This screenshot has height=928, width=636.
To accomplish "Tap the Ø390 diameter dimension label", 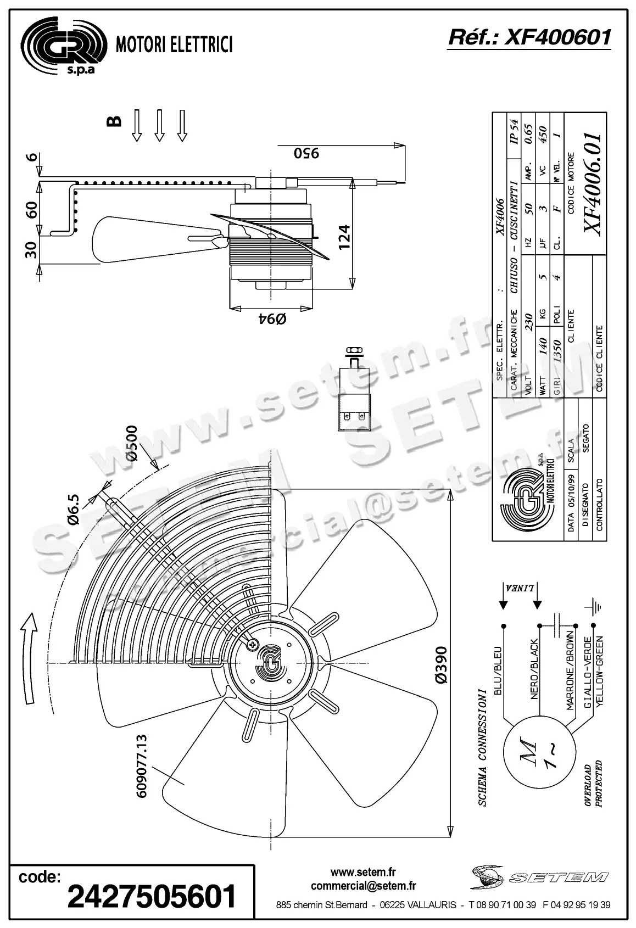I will pyautogui.click(x=441, y=664).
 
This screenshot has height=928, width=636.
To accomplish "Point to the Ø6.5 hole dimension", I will pyautogui.click(x=75, y=510).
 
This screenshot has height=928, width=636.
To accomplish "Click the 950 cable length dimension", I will pyautogui.click(x=306, y=153).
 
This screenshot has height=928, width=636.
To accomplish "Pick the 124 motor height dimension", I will pyautogui.click(x=343, y=237).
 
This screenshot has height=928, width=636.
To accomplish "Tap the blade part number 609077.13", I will pyautogui.click(x=141, y=766).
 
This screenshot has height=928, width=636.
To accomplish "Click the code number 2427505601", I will pyautogui.click(x=152, y=897).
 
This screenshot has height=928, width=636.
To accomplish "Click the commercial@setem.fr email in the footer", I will pyautogui.click(x=363, y=886).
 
